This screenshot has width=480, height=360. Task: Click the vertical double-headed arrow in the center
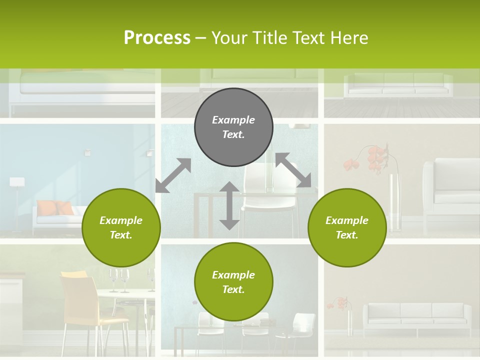(x=229, y=205)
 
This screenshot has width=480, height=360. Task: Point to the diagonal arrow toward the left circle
(x=173, y=175)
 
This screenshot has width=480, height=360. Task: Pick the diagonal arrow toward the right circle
(x=293, y=170)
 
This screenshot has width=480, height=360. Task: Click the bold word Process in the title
(x=157, y=37)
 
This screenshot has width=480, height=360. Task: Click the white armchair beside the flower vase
(x=450, y=190)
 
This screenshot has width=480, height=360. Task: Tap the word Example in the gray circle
(x=233, y=120)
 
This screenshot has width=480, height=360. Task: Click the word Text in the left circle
(x=121, y=235)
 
